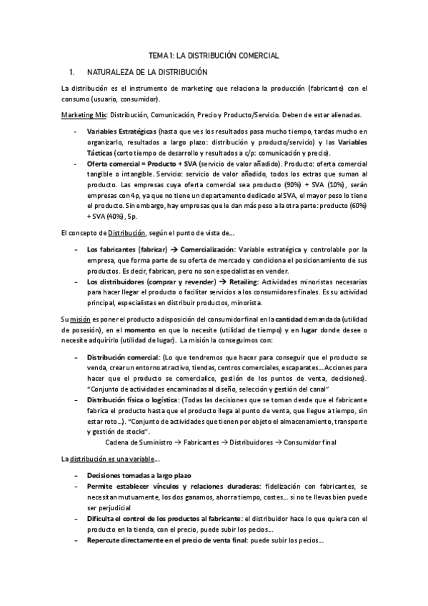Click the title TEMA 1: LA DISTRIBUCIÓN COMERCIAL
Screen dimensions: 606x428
point(214,56)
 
